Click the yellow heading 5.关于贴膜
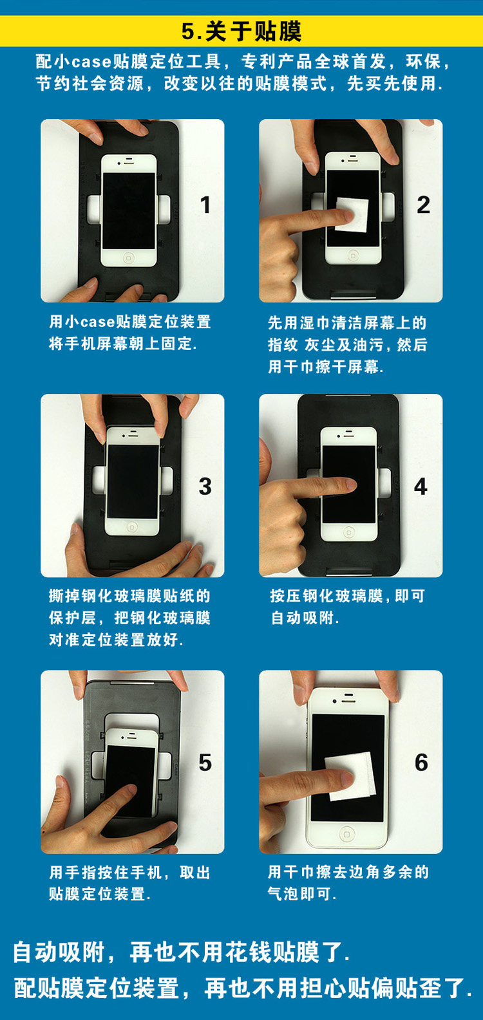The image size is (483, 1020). click(241, 31)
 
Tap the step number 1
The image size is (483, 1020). click(205, 205)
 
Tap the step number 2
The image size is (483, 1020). click(423, 205)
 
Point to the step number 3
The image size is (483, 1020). click(205, 487)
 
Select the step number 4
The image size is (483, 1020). click(421, 487)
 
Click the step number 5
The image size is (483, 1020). click(205, 763)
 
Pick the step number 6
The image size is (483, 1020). click(421, 763)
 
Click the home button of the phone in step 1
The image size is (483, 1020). click(129, 257)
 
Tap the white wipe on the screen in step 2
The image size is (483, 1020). click(352, 214)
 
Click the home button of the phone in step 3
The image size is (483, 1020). click(132, 527)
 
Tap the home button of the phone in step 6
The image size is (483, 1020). click(346, 834)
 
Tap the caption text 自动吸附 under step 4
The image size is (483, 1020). click(303, 617)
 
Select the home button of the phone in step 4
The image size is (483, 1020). click(348, 532)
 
